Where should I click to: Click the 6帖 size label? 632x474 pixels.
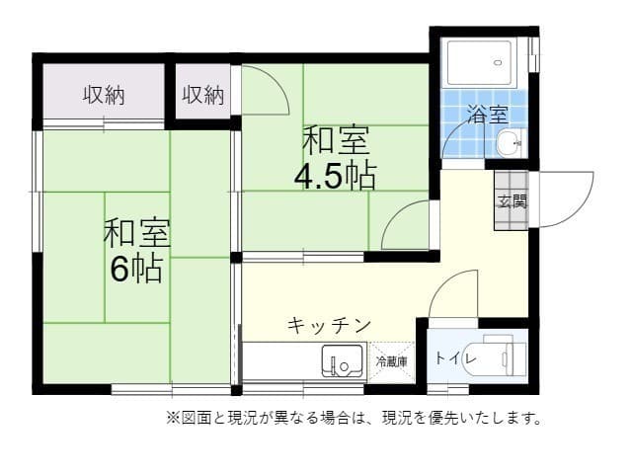(x=136, y=269)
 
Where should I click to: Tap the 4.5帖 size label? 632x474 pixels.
(x=334, y=175)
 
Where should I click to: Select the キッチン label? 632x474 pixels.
(x=329, y=325)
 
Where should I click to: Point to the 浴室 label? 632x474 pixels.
(x=485, y=114)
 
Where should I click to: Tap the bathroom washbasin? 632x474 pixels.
(x=510, y=143)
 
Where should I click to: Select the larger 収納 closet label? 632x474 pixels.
(x=103, y=95)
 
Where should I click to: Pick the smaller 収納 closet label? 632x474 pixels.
(x=203, y=95)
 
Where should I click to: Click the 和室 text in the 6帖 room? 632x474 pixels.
(x=136, y=235)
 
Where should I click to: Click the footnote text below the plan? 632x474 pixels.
(x=355, y=418)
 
